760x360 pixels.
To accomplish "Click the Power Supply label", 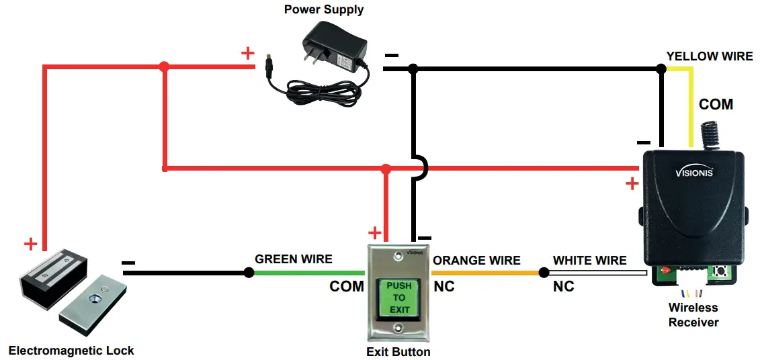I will (323, 9).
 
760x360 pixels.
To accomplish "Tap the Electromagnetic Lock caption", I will (71, 350).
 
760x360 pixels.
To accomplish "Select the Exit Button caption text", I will (398, 351).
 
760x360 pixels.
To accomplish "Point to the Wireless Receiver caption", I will (693, 315).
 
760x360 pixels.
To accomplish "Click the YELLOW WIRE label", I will (709, 56).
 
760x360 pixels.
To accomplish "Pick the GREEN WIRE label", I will (293, 259).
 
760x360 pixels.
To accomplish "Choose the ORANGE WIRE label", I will (476, 260).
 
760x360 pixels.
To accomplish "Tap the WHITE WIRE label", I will (589, 260).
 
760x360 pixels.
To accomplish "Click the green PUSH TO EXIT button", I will (399, 298).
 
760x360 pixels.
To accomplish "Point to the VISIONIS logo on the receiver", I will (693, 172).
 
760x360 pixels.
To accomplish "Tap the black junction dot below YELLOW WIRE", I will (661, 69).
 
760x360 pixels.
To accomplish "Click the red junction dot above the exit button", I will (386, 169).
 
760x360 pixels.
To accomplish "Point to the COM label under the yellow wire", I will (716, 105).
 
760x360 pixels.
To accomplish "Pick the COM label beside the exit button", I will (347, 287).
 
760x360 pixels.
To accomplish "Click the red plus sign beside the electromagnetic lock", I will (30, 244).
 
